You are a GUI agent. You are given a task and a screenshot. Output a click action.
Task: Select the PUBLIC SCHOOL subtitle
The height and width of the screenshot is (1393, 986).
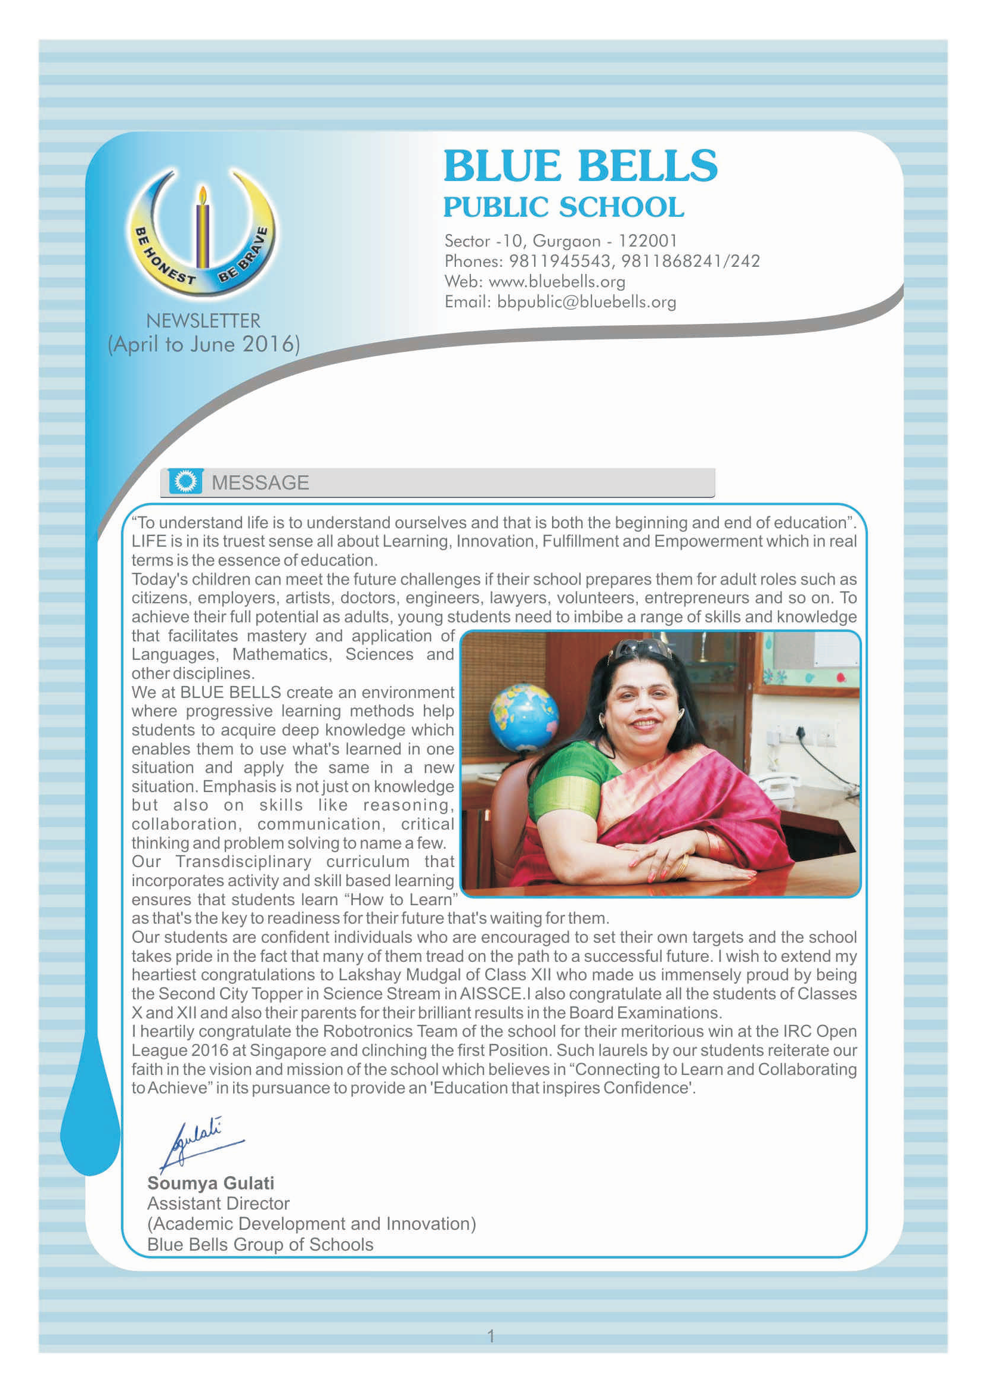pos(563,207)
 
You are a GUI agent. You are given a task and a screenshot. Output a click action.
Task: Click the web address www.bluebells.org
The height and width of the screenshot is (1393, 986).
pos(557,282)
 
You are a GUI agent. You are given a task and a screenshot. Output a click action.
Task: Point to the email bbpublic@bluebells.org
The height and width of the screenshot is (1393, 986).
pos(586,302)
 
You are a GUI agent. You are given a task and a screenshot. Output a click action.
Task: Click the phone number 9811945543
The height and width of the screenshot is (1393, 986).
pos(559,261)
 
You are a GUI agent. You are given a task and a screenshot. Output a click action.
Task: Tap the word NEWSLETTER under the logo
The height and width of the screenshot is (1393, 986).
pos(203,320)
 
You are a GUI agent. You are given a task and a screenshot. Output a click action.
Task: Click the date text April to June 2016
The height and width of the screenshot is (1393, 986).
pos(204,345)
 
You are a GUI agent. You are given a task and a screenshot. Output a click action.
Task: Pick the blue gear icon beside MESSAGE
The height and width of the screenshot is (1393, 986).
pos(185,482)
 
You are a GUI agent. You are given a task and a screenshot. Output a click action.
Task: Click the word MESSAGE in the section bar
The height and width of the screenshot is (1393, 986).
pos(260,483)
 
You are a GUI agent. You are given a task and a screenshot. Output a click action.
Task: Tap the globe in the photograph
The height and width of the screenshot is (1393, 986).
pos(523,716)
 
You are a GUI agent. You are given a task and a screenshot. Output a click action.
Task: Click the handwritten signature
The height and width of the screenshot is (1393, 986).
pos(197,1142)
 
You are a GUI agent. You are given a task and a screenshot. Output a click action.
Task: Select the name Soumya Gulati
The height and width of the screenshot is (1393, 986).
pos(210,1183)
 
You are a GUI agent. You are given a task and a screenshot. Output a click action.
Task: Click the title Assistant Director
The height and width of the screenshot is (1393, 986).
pos(218,1204)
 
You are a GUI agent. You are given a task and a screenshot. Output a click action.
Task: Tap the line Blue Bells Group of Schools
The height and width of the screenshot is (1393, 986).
pos(260,1245)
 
